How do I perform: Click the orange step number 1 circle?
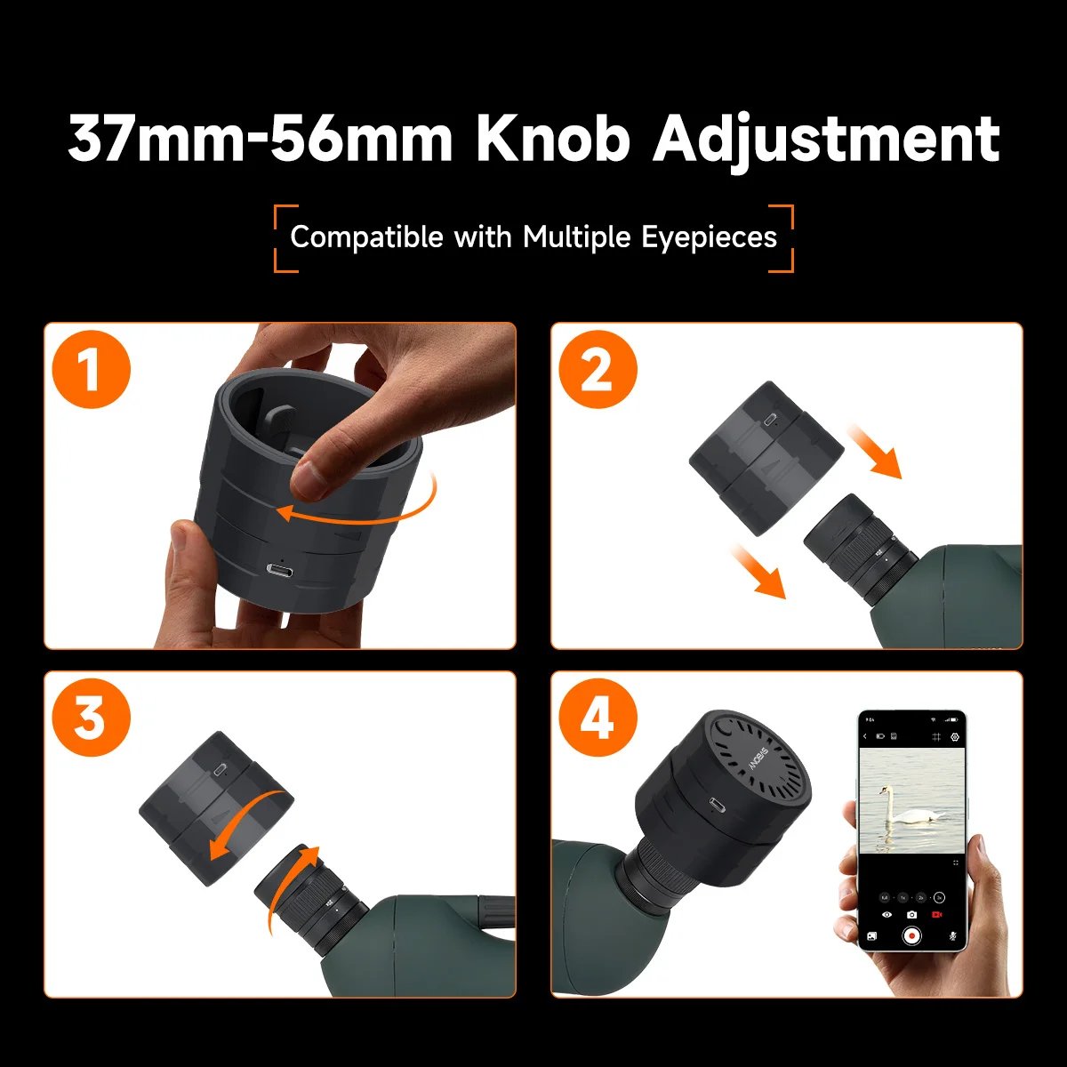coord(91,369)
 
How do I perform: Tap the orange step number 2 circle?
coord(598,369)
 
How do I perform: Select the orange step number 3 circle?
coord(91,718)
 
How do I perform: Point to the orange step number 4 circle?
coord(598,718)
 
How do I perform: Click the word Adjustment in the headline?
coord(827,140)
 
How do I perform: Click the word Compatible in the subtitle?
coord(366,237)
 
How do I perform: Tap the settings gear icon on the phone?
coord(955,737)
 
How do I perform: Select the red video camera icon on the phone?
coord(936,914)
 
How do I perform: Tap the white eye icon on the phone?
coord(886,914)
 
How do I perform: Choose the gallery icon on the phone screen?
coord(871,935)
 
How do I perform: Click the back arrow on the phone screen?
coord(865,737)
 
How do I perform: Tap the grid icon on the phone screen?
coord(936,737)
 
